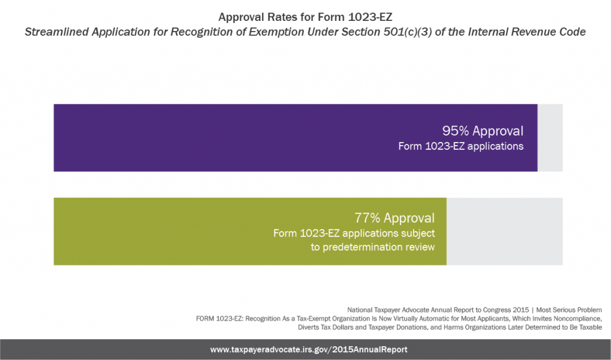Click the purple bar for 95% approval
click(x=239, y=138)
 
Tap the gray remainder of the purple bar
click(x=550, y=138)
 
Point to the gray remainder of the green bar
click(x=504, y=231)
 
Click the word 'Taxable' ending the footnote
click(x=589, y=328)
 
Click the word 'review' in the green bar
click(x=419, y=247)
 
